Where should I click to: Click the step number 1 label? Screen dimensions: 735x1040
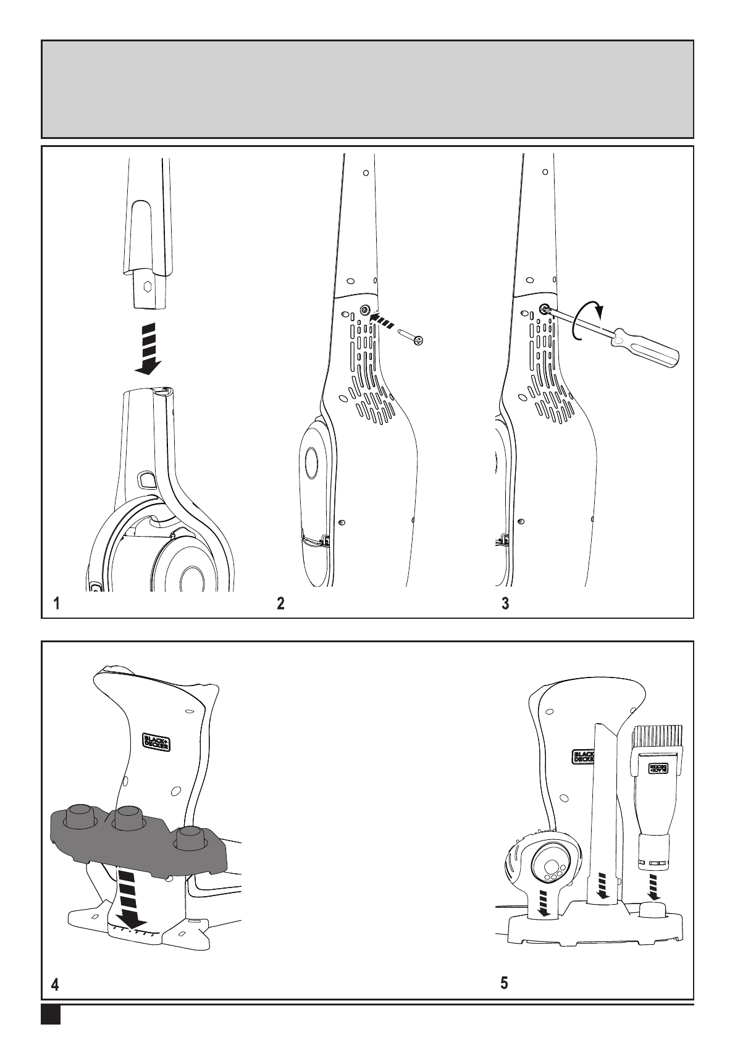click(x=56, y=603)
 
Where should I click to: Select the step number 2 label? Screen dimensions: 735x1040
click(x=280, y=603)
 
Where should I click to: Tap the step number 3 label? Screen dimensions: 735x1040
click(x=505, y=603)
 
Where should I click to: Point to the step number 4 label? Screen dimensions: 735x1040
click(x=56, y=985)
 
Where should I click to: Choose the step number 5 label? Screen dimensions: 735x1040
click(x=505, y=983)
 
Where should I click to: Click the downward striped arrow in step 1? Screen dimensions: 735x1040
click(x=148, y=348)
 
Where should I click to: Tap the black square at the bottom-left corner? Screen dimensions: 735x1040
click(x=51, y=1015)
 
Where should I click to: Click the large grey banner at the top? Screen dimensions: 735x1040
click(x=367, y=90)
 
